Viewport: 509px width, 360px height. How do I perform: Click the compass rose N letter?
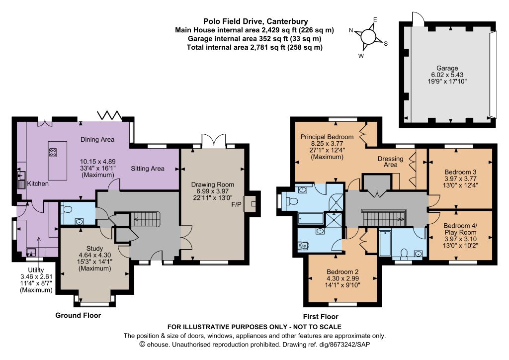pyautogui.click(x=351, y=30)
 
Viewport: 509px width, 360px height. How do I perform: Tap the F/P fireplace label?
pyautogui.click(x=236, y=204)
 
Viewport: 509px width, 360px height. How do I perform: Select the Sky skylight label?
pyautogui.click(x=302, y=246)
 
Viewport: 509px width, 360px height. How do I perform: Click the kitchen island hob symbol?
pyautogui.click(x=53, y=153)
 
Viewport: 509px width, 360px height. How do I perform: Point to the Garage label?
pyautogui.click(x=447, y=68)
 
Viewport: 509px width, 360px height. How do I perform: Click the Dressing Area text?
pyautogui.click(x=391, y=162)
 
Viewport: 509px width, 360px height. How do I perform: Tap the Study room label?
pyautogui.click(x=94, y=249)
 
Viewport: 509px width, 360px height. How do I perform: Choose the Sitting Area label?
pyautogui.click(x=148, y=169)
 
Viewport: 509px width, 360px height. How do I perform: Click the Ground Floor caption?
pyautogui.click(x=78, y=315)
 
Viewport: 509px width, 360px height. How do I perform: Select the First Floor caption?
pyautogui.click(x=321, y=317)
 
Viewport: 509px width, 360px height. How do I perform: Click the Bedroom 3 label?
pyautogui.click(x=460, y=172)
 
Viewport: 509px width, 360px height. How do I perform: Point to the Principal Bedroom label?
pyautogui.click(x=327, y=137)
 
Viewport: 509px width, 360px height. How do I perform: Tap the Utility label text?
pyautogui.click(x=36, y=270)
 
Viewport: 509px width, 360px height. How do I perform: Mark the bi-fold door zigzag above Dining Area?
pyautogui.click(x=110, y=115)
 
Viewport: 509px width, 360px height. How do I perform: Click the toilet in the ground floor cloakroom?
pyautogui.click(x=67, y=209)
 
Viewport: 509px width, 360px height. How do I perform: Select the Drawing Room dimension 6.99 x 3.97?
pyautogui.click(x=213, y=191)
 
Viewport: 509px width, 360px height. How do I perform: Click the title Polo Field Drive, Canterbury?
pyautogui.click(x=255, y=21)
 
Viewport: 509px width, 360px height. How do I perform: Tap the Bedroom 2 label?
pyautogui.click(x=342, y=271)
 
